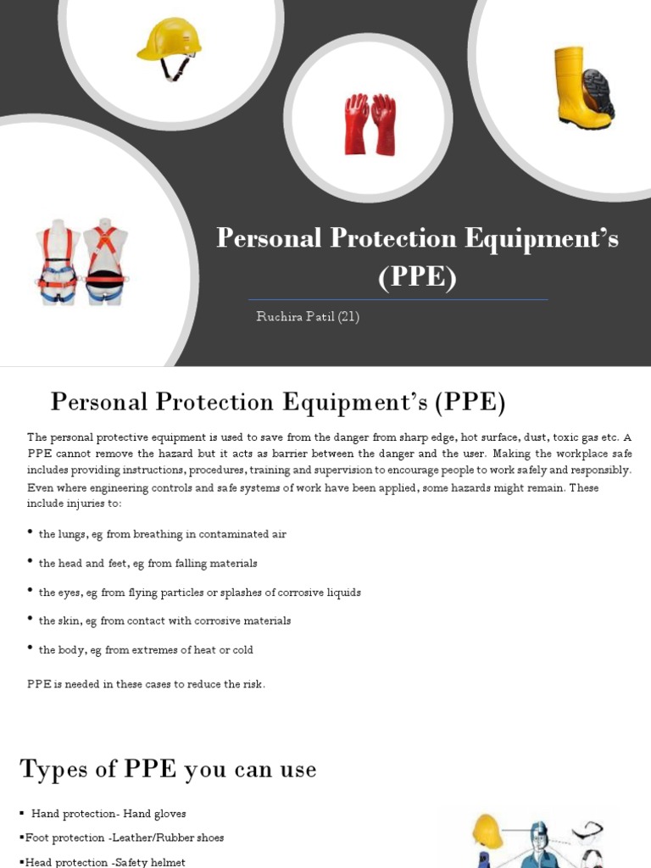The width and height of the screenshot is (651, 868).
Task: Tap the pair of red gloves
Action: (370, 124)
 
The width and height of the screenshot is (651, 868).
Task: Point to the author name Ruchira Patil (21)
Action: (308, 317)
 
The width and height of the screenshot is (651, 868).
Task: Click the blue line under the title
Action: (398, 299)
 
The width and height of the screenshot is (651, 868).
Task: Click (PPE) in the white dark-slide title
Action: (417, 277)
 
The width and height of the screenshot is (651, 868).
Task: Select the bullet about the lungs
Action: (162, 534)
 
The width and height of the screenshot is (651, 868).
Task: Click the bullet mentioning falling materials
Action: (147, 563)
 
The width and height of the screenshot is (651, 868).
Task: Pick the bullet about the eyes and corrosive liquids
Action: (199, 593)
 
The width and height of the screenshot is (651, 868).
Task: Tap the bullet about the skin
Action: (164, 621)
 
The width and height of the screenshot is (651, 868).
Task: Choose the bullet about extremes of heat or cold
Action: (146, 650)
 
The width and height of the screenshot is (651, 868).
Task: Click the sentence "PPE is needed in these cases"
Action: (146, 684)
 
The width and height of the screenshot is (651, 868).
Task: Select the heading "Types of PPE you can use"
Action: (168, 770)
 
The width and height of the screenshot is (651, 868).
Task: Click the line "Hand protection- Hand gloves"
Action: (108, 814)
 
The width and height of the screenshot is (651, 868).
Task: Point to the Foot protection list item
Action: (124, 837)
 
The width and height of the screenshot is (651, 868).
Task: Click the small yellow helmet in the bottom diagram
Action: (487, 831)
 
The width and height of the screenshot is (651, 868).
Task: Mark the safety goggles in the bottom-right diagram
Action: (588, 832)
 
